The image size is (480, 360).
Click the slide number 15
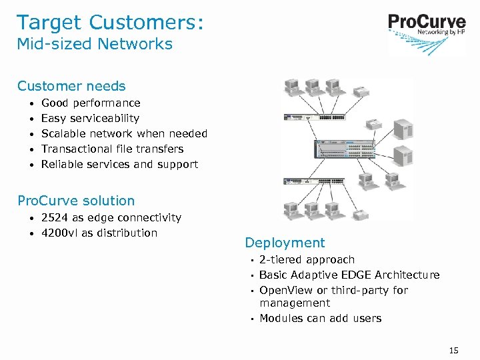click(454, 350)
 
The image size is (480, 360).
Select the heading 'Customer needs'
click(71, 86)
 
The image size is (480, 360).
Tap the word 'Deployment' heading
click(285, 243)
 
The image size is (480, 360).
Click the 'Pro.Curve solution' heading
click(76, 201)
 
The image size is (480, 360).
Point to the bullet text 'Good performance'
click(91, 103)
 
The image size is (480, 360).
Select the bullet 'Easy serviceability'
click(90, 119)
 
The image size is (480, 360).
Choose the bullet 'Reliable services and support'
click(119, 165)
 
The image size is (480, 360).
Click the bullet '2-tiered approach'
click(307, 260)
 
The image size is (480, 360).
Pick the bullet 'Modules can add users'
click(320, 319)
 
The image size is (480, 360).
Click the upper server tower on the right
click(403, 127)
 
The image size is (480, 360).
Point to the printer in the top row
click(361, 92)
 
